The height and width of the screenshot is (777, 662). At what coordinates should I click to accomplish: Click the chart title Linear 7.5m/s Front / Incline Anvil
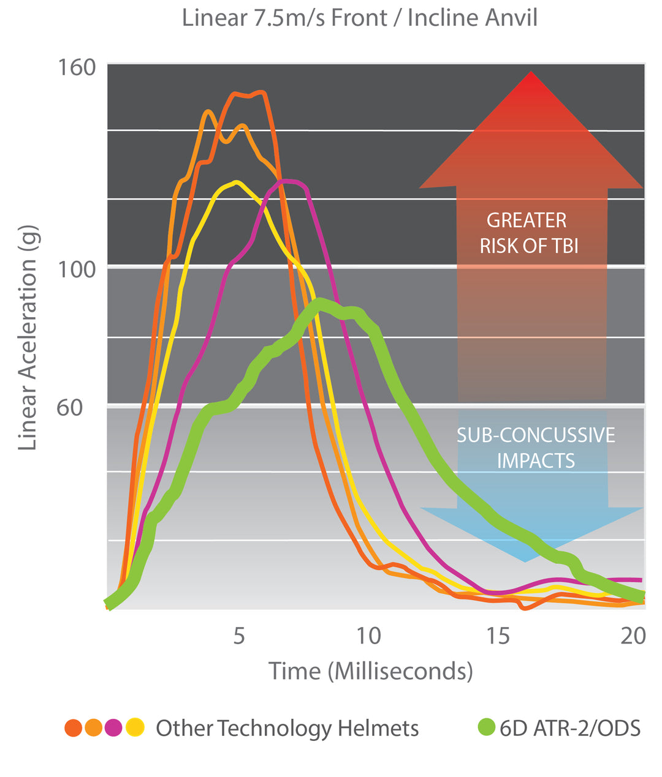360,18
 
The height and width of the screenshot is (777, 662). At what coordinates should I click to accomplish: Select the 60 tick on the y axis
69,407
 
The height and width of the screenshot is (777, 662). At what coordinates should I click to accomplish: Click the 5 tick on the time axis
239,636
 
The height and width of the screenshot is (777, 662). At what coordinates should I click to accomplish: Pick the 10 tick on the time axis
368,636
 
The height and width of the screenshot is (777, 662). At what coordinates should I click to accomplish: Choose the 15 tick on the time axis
498,636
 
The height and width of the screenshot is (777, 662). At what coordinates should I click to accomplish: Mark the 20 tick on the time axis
633,636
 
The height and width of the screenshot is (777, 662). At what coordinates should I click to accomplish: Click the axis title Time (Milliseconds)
371,671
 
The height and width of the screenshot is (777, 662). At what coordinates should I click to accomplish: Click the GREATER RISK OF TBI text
528,233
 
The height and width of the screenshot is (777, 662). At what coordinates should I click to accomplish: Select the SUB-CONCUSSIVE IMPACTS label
536,448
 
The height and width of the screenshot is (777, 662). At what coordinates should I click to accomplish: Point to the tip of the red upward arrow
531,73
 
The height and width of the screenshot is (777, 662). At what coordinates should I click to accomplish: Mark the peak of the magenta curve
287,181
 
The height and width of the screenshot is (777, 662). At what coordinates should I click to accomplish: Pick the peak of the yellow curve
236,182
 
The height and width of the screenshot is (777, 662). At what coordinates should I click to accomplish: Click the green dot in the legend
485,727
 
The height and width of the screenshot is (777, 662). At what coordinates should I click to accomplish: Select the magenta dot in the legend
114,727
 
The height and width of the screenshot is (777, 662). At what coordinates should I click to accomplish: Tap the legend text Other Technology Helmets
287,728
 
